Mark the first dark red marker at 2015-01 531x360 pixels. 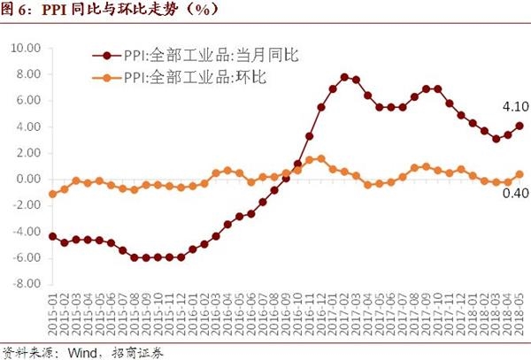tap(53, 236)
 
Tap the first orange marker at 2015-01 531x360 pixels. tap(53, 194)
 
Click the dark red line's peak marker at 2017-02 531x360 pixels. tap(344, 78)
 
